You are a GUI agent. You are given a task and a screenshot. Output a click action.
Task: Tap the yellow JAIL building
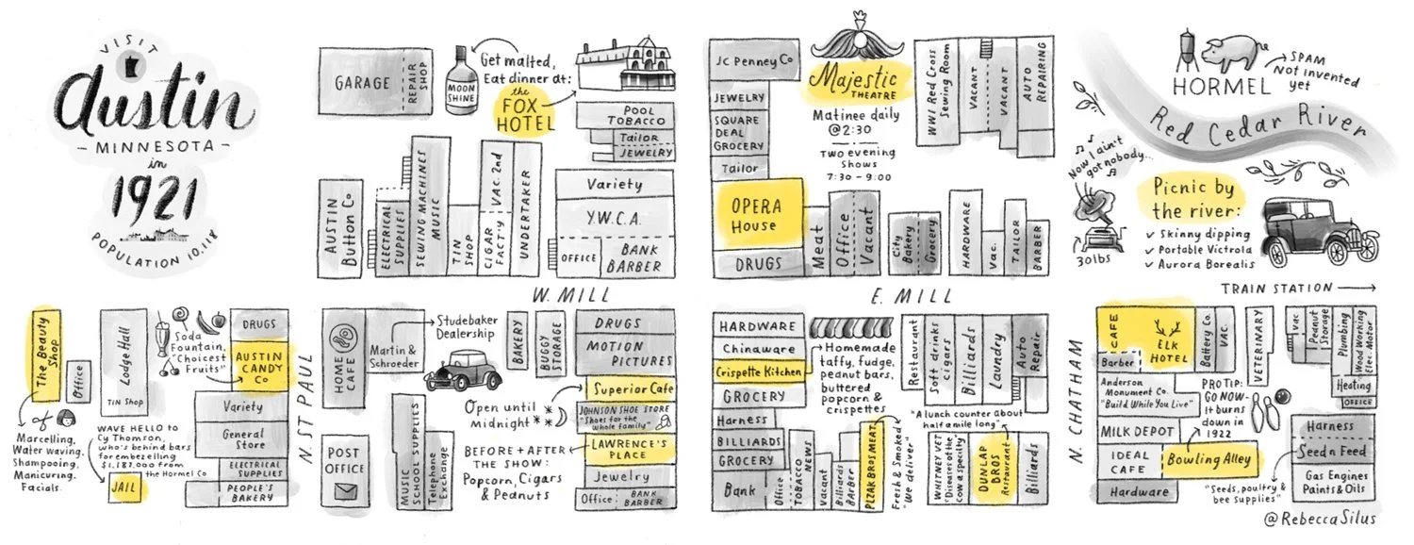tap(123, 490)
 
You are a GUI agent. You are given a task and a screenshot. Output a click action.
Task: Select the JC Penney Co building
tap(751, 61)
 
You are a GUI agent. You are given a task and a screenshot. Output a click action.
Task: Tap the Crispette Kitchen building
tap(760, 372)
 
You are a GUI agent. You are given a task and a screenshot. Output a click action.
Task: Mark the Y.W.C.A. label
tap(614, 219)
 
